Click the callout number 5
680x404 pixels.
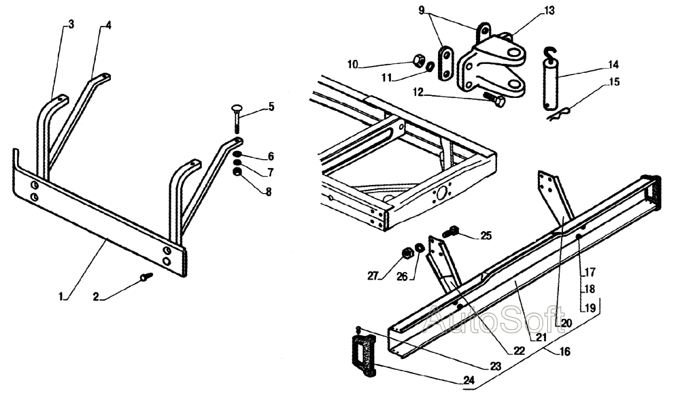pyautogui.click(x=271, y=107)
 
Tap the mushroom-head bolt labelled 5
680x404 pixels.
pyautogui.click(x=237, y=119)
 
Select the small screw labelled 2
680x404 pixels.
pyautogui.click(x=146, y=276)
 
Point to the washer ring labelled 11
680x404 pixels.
pyautogui.click(x=429, y=67)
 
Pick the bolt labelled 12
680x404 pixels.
pyautogui.click(x=494, y=99)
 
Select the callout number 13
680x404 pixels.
pyautogui.click(x=549, y=10)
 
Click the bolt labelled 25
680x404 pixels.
pyautogui.click(x=451, y=231)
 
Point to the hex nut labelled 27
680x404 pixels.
pyautogui.click(x=407, y=252)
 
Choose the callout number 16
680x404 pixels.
pyautogui.click(x=564, y=351)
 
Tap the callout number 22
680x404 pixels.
pyautogui.click(x=519, y=351)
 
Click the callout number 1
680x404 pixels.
pyautogui.click(x=61, y=297)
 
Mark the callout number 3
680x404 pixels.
pyautogui.click(x=71, y=24)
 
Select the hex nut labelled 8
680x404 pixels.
pyautogui.click(x=237, y=173)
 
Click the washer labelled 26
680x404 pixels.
pyautogui.click(x=420, y=248)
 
